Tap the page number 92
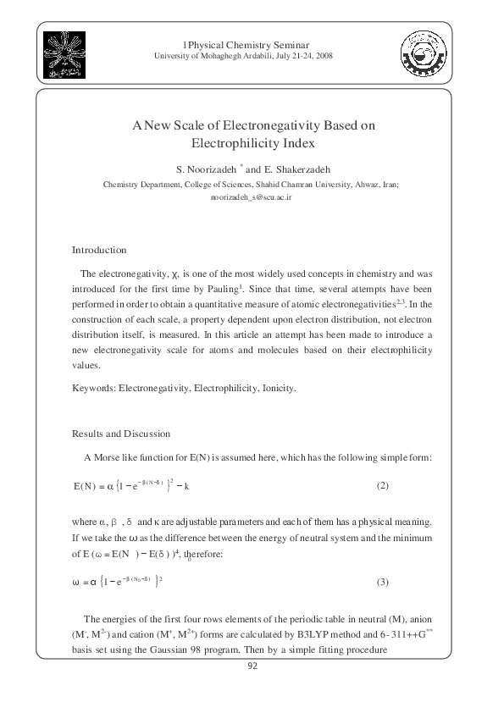click(x=252, y=666)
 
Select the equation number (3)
click(x=382, y=582)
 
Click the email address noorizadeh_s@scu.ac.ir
click(x=251, y=196)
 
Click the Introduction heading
click(x=99, y=250)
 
